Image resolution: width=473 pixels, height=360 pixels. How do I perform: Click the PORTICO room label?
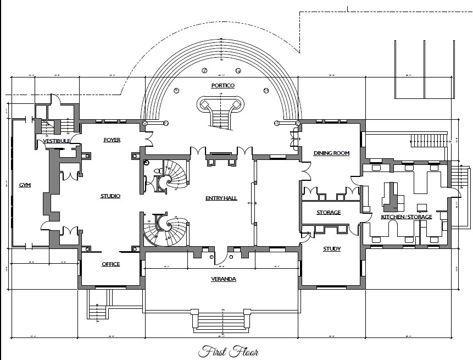[222, 86]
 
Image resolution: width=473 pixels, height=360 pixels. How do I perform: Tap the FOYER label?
[112, 140]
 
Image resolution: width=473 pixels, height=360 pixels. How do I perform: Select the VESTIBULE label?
[57, 141]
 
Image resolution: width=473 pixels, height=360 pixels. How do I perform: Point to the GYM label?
[24, 185]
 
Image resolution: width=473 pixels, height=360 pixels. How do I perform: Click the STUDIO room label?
[110, 196]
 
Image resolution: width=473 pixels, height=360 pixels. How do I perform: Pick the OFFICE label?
[110, 264]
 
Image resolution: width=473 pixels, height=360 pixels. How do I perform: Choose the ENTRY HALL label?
[221, 198]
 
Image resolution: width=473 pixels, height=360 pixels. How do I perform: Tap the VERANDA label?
[224, 279]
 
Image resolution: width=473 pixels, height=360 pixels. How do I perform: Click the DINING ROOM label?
[331, 153]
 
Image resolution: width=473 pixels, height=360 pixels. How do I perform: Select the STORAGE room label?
[329, 212]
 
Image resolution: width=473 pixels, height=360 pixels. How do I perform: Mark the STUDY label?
[331, 249]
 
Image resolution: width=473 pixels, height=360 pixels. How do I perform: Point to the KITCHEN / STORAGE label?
[407, 217]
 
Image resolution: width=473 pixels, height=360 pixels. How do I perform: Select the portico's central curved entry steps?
[220, 115]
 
